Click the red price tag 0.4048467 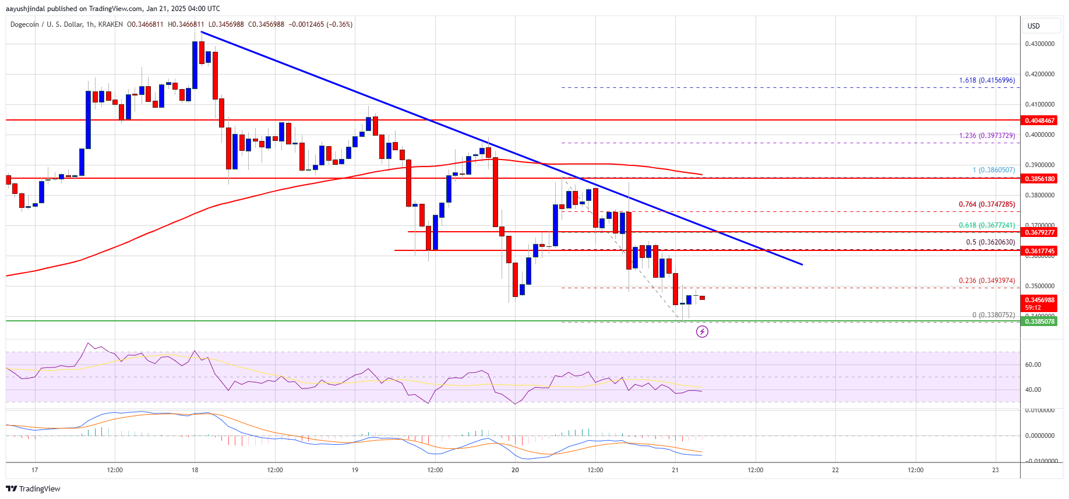(x=1039, y=121)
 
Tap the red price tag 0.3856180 (x=1039, y=179)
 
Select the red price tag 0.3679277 (x=1039, y=232)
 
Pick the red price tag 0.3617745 (x=1039, y=251)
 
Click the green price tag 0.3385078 (x=1039, y=321)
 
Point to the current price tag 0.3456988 (x=1039, y=300)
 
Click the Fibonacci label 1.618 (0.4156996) (x=987, y=80)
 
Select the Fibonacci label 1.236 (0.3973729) (x=987, y=136)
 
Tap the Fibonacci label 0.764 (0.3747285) (x=987, y=204)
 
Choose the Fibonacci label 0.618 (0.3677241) (x=987, y=225)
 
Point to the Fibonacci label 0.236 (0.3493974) (x=987, y=281)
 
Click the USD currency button (x=1033, y=26)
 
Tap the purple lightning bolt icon (x=703, y=332)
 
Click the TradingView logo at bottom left (x=33, y=489)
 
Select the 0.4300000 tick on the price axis (x=1039, y=44)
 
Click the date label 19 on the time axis (x=355, y=470)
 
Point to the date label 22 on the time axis (x=835, y=470)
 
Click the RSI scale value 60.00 (x=1033, y=364)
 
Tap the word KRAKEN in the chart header (x=111, y=24)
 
